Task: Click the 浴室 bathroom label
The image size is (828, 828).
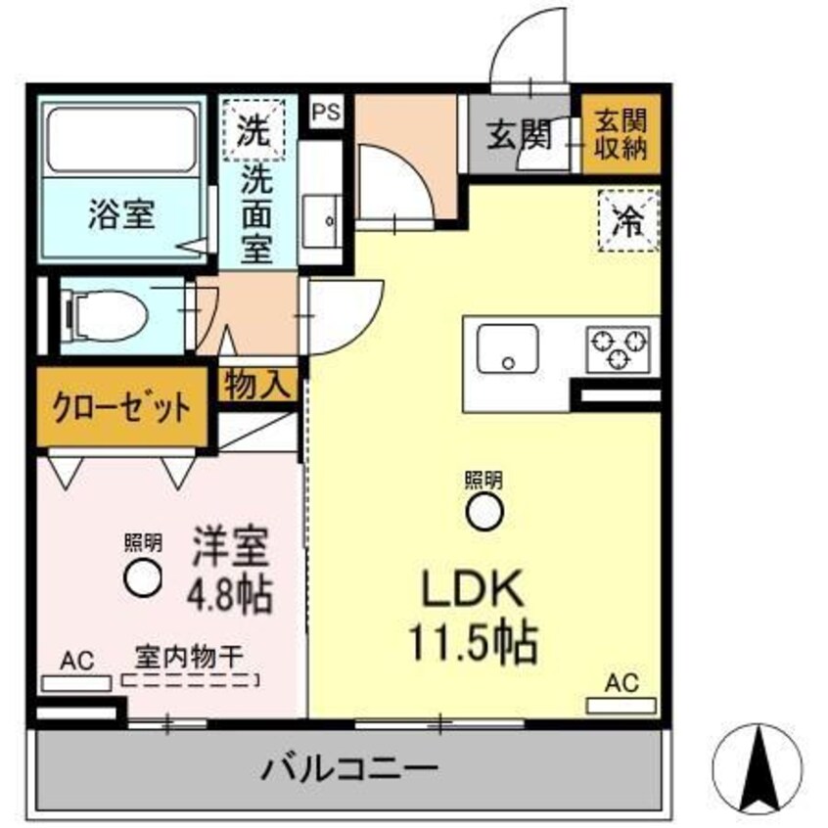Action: (121, 214)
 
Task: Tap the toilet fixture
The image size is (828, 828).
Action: (105, 315)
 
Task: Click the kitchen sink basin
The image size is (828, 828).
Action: (507, 349)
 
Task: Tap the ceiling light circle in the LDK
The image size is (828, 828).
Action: (483, 512)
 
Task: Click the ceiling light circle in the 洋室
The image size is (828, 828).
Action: (143, 576)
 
